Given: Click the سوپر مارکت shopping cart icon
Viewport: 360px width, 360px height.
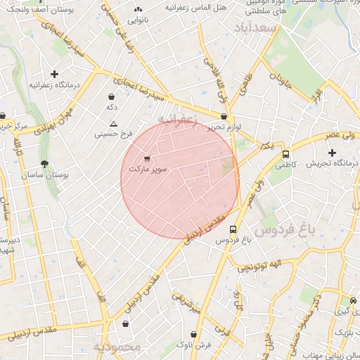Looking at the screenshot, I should [x=146, y=158].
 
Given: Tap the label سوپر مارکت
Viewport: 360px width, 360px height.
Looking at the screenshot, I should [x=148, y=169].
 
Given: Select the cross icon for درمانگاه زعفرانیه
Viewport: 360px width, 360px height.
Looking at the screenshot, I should [x=54, y=73].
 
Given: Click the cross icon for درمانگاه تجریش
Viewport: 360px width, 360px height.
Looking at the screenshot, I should [x=332, y=153].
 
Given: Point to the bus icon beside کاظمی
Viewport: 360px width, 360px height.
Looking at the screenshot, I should [x=285, y=154].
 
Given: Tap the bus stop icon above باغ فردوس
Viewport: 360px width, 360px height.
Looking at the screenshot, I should [x=233, y=229].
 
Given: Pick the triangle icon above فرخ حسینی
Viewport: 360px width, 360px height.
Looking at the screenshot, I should [x=113, y=123].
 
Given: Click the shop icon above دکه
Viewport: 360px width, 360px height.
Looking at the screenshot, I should [x=111, y=96].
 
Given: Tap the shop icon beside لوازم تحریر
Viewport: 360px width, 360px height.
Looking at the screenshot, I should [x=224, y=117].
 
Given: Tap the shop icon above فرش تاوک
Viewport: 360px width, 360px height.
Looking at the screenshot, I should [x=193, y=334].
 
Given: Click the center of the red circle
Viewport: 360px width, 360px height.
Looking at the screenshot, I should [x=180, y=180].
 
